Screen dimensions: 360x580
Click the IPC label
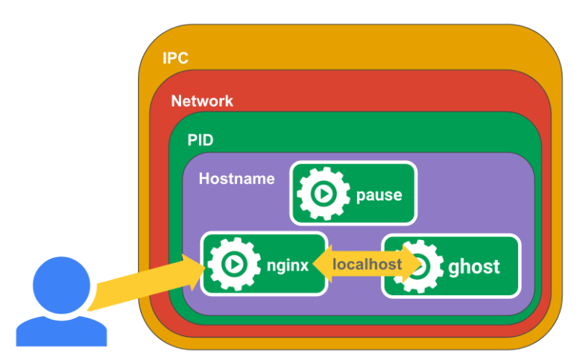click(x=176, y=57)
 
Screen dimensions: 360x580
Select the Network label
click(x=202, y=101)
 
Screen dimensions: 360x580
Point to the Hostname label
click(x=236, y=179)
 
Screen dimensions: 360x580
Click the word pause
click(x=379, y=195)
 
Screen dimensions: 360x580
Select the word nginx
click(x=287, y=265)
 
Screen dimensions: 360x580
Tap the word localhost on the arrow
click(x=367, y=264)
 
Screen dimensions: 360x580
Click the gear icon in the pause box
click(x=323, y=194)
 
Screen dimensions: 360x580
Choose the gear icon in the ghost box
click(x=421, y=266)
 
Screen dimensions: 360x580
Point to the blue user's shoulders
click(x=61, y=329)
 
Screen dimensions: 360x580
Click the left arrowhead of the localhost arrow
click(x=322, y=264)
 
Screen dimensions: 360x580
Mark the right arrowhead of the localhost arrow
click(x=412, y=265)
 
